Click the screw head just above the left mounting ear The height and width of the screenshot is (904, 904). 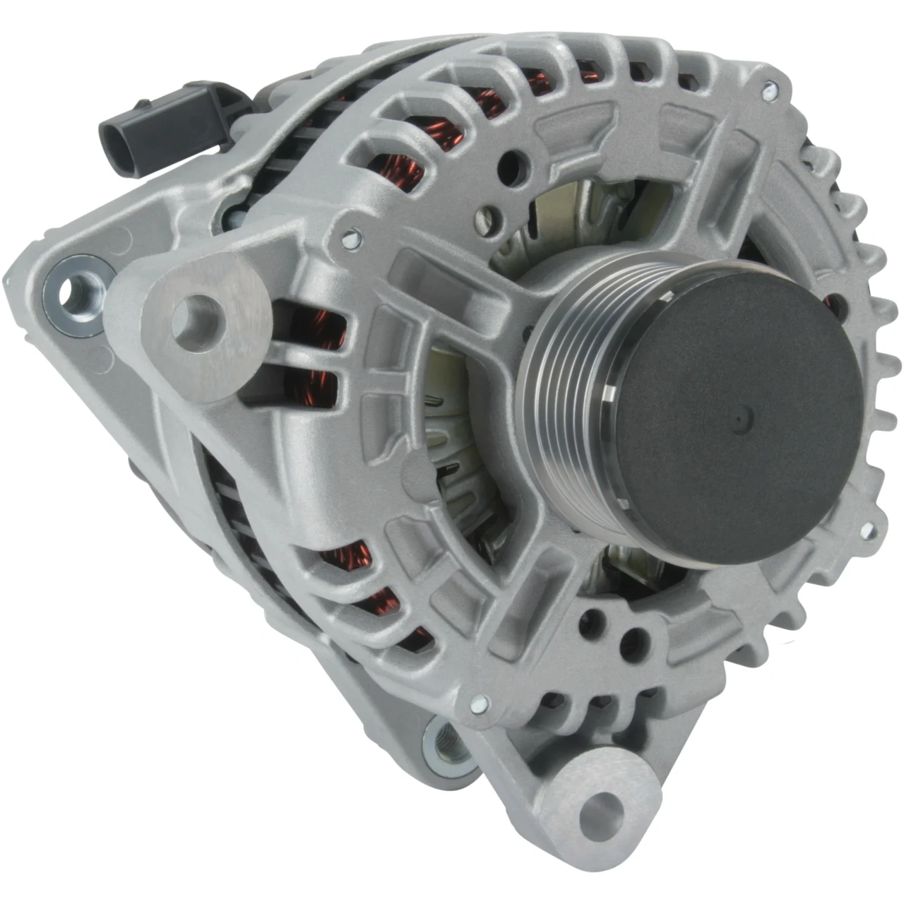pos(348,239)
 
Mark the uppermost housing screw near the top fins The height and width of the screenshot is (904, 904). pos(769,90)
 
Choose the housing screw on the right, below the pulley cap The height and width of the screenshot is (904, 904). pos(867,530)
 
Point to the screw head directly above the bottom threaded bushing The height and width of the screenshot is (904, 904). pos(479,703)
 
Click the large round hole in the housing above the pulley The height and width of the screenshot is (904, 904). pos(513,166)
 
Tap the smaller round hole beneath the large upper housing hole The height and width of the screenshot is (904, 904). pos(487,215)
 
